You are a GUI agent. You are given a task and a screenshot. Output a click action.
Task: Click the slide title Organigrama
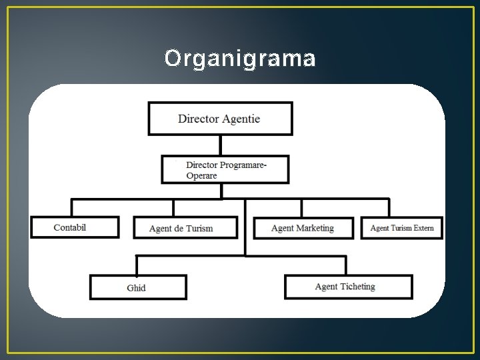point(240,59)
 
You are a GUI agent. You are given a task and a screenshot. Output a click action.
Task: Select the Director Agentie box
point(220,119)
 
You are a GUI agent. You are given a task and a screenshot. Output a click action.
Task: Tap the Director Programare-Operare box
point(225,169)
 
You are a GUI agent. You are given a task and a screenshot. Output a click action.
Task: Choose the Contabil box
point(75,227)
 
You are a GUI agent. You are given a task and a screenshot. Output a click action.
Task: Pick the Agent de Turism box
point(185,228)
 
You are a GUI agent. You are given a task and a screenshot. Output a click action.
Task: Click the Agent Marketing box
point(303,228)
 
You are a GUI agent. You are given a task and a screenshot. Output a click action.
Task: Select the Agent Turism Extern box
point(401,228)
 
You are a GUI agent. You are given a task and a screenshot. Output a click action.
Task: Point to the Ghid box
point(138,287)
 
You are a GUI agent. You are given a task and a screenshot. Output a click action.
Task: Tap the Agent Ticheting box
point(348,287)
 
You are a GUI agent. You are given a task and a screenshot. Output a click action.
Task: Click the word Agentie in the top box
point(241,119)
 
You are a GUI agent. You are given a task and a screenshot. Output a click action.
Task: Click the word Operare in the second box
point(201,176)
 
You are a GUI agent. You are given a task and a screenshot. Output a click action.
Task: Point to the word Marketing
point(315,228)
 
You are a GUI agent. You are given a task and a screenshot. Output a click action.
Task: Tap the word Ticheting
point(358,287)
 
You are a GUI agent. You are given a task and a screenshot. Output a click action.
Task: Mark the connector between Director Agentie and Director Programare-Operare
point(220,145)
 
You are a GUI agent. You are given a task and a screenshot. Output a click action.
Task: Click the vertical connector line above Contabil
point(72,207)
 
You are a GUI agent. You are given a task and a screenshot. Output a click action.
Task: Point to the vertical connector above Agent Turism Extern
point(389,207)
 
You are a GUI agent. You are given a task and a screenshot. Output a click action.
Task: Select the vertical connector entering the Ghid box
point(137,265)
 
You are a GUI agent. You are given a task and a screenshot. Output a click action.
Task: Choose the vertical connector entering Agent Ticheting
point(346,265)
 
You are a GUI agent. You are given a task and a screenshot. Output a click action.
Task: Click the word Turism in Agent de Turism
point(200,229)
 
